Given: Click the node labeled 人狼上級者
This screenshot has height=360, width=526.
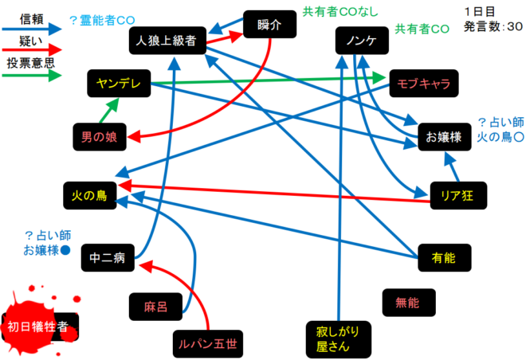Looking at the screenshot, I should click(x=167, y=40).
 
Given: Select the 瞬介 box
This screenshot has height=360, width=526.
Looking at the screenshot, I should click(x=270, y=25).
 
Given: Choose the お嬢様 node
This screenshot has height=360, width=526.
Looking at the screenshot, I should click(x=445, y=137).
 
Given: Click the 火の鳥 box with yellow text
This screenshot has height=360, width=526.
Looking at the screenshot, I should click(x=90, y=194).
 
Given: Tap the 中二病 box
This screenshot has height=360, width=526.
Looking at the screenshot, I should click(x=108, y=257).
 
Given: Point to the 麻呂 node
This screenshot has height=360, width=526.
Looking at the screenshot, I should click(x=155, y=305).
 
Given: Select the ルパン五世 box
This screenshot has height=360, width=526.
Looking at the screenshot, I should click(x=206, y=344).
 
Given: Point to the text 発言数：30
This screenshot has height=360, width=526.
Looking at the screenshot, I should click(x=493, y=26).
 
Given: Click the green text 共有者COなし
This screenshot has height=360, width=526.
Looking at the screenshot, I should click(x=340, y=12).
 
